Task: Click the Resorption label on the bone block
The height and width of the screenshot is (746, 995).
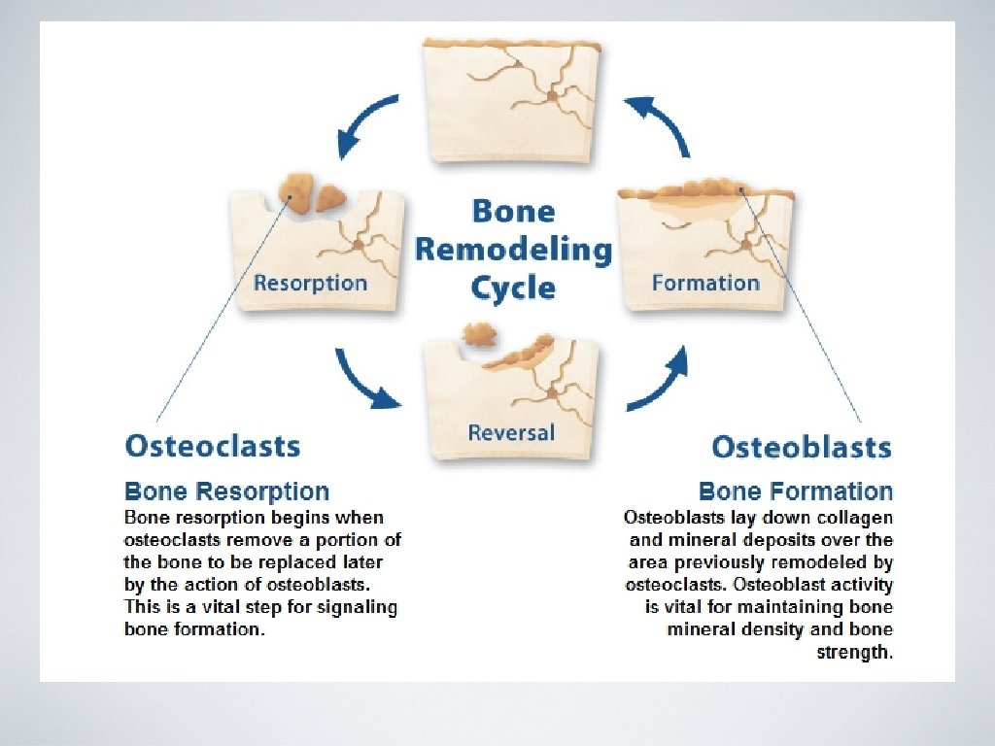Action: [310, 284]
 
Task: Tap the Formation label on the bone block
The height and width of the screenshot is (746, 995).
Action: [705, 284]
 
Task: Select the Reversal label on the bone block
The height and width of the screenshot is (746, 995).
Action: [511, 431]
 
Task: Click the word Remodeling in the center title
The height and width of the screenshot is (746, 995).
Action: [513, 251]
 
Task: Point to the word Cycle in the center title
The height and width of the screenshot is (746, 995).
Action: [513, 288]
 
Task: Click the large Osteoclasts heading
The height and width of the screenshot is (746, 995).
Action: [213, 447]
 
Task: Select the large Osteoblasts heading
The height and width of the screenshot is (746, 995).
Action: [801, 447]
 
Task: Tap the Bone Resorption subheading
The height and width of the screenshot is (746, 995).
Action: [226, 492]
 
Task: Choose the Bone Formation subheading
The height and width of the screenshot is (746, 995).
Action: [796, 492]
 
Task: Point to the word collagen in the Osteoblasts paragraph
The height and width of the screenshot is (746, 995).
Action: [855, 518]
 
